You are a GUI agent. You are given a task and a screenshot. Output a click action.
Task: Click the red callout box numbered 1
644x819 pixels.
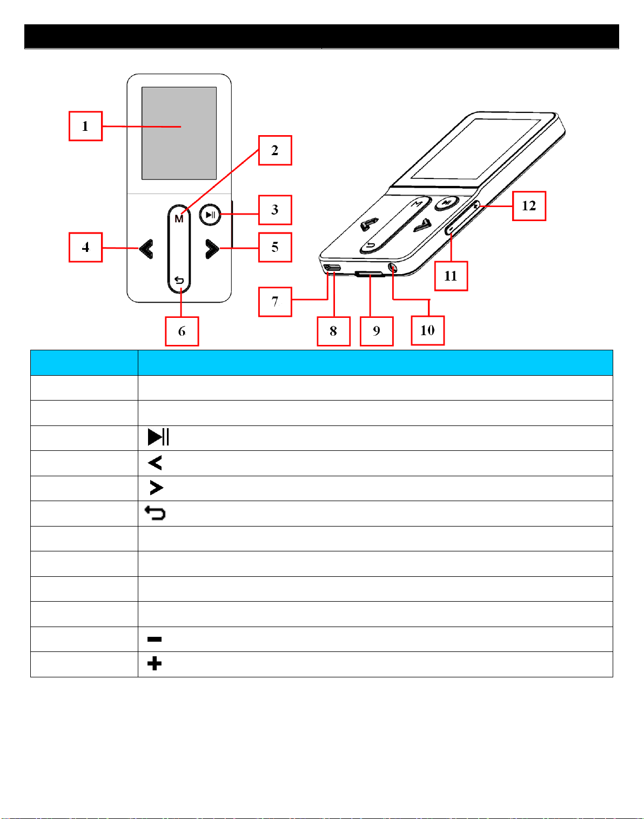click(85, 126)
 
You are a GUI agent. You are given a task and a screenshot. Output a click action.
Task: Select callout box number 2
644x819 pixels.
click(275, 150)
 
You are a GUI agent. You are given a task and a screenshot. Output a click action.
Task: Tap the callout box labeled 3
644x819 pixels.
click(275, 210)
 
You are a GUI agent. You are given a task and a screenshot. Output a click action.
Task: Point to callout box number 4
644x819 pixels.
click(85, 248)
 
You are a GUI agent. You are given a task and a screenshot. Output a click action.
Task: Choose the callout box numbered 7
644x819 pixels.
click(275, 302)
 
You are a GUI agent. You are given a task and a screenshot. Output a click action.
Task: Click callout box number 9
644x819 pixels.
click(377, 331)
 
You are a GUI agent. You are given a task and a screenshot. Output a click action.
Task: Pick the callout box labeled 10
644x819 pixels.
click(427, 330)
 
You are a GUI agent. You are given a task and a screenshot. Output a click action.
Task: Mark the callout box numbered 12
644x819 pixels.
click(529, 206)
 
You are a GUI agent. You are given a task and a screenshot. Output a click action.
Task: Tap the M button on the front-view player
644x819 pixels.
click(179, 219)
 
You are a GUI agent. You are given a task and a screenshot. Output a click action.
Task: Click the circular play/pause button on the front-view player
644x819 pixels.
click(210, 215)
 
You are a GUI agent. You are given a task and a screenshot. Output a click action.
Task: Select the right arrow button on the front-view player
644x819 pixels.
click(212, 249)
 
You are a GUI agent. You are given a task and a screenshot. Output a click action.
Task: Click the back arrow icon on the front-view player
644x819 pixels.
click(179, 281)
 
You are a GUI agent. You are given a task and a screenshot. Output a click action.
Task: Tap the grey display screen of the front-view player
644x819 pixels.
click(179, 133)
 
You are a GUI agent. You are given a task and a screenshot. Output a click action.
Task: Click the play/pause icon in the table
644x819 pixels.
click(158, 437)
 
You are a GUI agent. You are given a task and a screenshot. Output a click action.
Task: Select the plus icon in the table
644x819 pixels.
click(155, 664)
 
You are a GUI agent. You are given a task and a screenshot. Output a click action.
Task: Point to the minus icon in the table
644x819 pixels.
click(155, 640)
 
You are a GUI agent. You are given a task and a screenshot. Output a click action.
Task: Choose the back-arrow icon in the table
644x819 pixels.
click(155, 513)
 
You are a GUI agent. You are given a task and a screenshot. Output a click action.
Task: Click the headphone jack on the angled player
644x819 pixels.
click(392, 268)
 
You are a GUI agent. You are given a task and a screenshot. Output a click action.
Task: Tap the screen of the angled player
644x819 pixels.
click(477, 149)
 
